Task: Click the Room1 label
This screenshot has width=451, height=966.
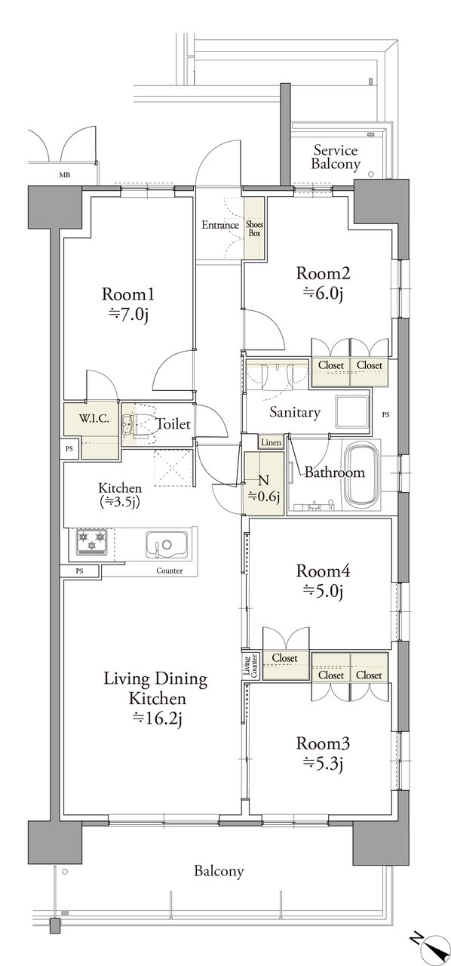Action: [128, 294]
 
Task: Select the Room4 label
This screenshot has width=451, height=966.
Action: [323, 571]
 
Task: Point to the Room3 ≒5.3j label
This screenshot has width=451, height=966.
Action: [323, 753]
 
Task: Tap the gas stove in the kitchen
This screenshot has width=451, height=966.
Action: [91, 542]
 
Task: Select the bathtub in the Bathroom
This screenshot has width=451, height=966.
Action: [362, 475]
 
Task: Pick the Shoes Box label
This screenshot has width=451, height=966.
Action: [254, 229]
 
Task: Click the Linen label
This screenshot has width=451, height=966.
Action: [272, 442]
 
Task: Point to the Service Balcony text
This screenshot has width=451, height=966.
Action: [336, 157]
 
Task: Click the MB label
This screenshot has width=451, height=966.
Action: [64, 175]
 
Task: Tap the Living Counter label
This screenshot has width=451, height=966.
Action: [251, 666]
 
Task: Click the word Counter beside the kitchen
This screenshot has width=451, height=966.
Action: [170, 571]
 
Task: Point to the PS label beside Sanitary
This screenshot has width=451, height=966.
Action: [385, 415]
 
